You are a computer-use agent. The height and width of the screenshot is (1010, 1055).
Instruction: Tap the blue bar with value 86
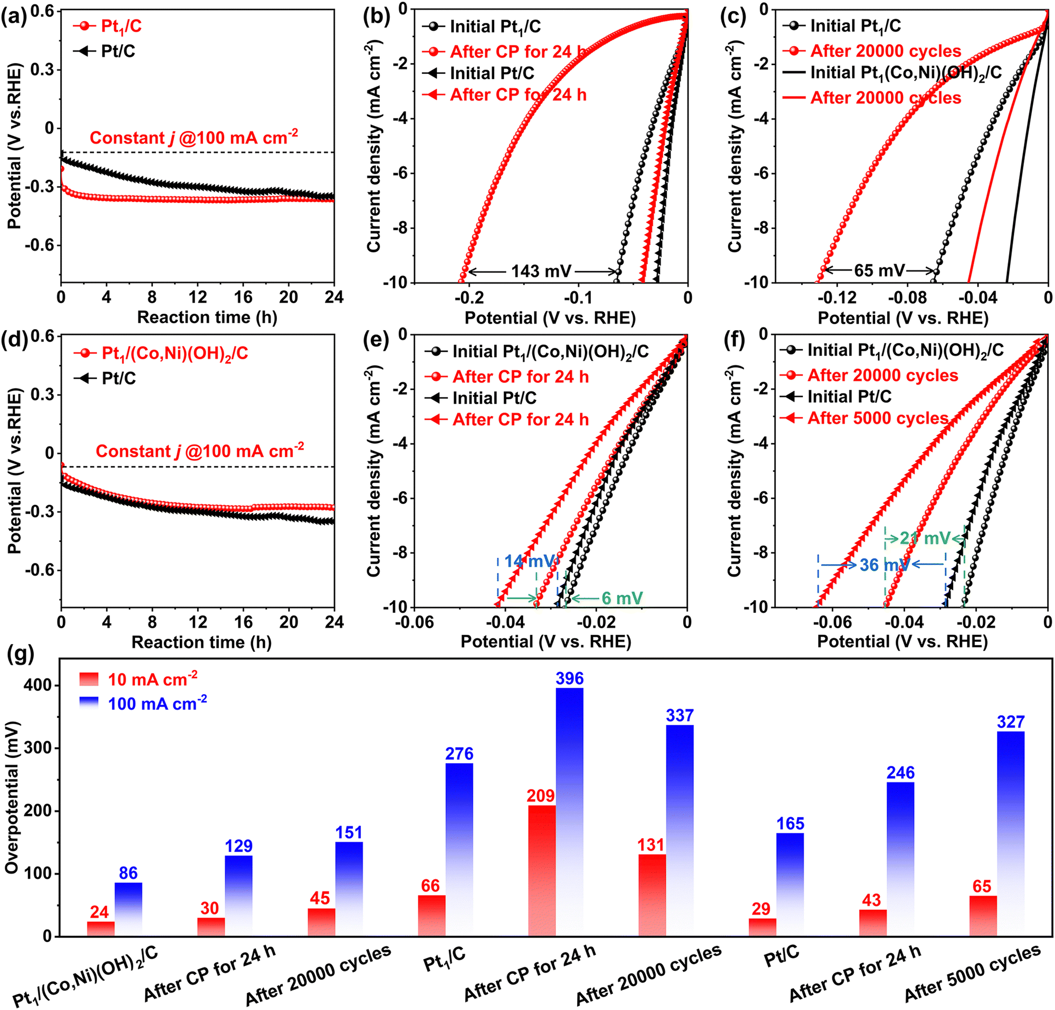tap(128, 909)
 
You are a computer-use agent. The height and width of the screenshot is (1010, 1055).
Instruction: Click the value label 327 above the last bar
tap(1010, 722)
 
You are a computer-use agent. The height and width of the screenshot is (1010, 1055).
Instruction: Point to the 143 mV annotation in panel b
tap(541, 271)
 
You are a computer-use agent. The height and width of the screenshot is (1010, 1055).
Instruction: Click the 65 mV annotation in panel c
tap(879, 270)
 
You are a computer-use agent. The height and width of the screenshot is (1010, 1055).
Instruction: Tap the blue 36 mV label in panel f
tap(883, 565)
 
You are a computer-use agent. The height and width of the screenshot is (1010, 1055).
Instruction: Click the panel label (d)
tap(14, 341)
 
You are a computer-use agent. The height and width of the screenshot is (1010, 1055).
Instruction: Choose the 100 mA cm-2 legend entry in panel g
tap(157, 703)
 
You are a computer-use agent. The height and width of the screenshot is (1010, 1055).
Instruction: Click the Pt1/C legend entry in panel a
tap(121, 26)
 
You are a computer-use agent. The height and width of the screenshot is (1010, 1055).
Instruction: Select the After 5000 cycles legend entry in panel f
tap(877, 418)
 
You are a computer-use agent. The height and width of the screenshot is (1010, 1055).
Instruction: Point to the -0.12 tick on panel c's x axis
tap(840, 297)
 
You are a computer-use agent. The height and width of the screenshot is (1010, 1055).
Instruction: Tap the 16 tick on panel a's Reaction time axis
tap(243, 297)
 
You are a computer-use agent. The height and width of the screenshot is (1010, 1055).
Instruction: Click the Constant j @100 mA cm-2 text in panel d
tap(199, 450)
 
